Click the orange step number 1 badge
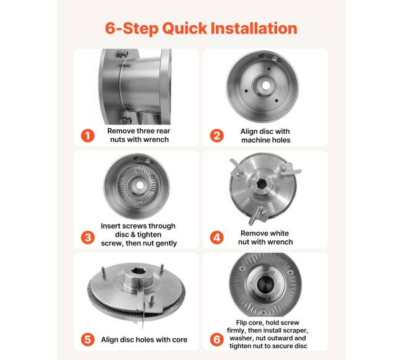(x=87, y=135)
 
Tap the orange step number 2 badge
(x=216, y=136)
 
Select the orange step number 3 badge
(x=87, y=237)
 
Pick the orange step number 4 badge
(x=216, y=237)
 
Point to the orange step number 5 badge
(x=87, y=340)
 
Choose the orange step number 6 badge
(x=216, y=340)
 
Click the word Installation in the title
(x=254, y=28)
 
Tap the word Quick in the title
(x=185, y=29)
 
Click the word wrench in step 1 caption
(x=156, y=139)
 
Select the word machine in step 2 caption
(x=254, y=140)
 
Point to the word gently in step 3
(x=166, y=244)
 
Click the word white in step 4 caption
(x=278, y=233)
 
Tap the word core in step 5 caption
(x=180, y=340)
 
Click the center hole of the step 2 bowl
(x=266, y=86)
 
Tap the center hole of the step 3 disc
(x=139, y=185)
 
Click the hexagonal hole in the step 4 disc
(x=262, y=184)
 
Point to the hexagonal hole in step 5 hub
(x=138, y=271)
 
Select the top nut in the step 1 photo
(x=123, y=54)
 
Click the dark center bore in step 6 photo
(x=264, y=284)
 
